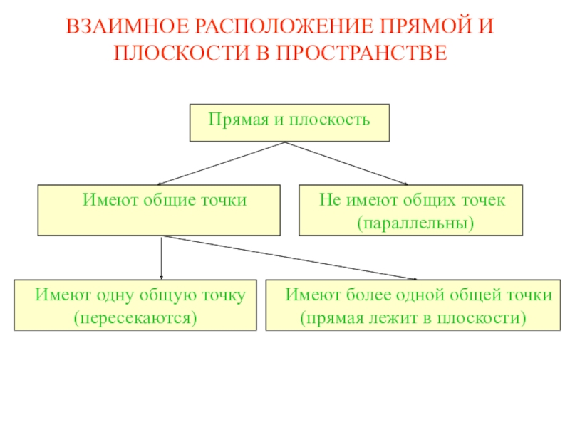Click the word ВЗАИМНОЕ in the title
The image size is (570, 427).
click(x=118, y=28)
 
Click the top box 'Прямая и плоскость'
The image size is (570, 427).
click(x=289, y=122)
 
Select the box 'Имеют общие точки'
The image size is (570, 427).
click(x=159, y=211)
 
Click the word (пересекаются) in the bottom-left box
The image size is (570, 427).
click(x=135, y=316)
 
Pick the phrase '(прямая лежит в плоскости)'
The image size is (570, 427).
click(x=413, y=316)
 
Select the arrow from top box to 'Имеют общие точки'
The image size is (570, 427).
click(x=221, y=164)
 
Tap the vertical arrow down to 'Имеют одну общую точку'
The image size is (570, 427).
click(x=162, y=258)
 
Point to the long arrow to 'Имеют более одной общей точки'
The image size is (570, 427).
click(x=289, y=258)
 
